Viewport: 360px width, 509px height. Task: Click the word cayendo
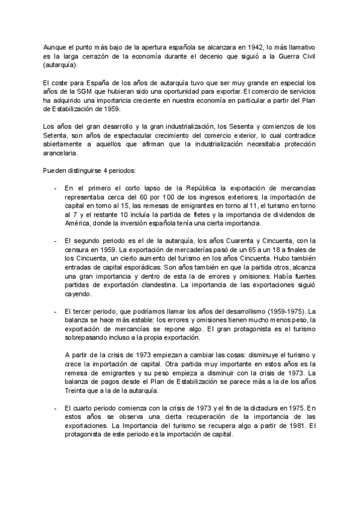click(x=77, y=294)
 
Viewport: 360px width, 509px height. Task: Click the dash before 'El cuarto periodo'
click(x=56, y=391)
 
